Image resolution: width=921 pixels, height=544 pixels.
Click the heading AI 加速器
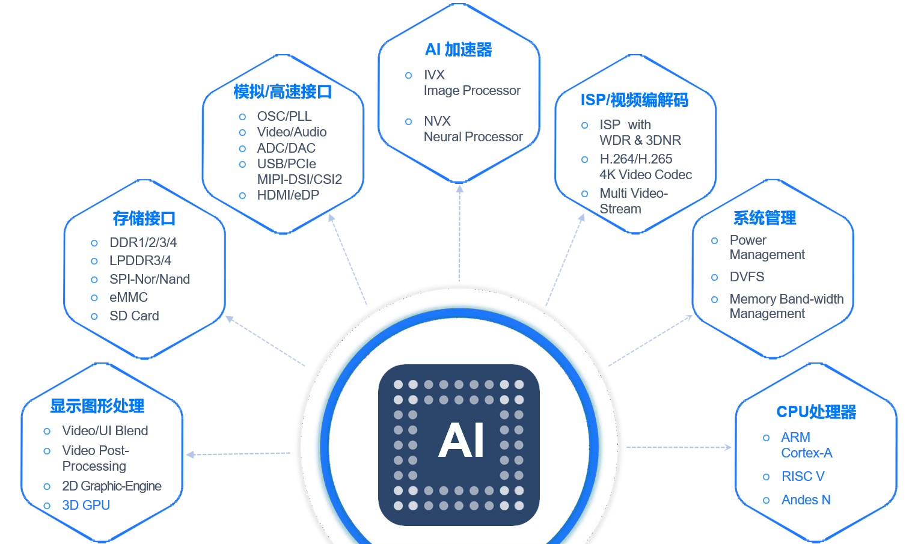pyautogui.click(x=459, y=50)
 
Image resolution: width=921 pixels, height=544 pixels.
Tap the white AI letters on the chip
pyautogui.click(x=461, y=441)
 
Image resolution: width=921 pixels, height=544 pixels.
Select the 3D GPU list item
pyautogui.click(x=86, y=505)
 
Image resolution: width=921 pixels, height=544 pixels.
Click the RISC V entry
pyautogui.click(x=803, y=476)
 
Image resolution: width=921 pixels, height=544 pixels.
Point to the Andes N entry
pyautogui.click(x=806, y=500)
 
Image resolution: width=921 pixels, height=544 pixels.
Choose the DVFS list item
pyautogui.click(x=747, y=277)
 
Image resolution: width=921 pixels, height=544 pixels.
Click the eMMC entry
pyautogui.click(x=129, y=298)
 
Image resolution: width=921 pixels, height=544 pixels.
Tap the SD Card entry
pyautogui.click(x=134, y=316)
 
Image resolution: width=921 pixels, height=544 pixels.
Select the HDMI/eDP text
pyautogui.click(x=288, y=195)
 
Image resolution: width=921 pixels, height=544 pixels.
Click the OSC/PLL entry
pyautogui.click(x=284, y=117)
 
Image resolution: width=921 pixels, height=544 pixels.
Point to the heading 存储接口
pyautogui.click(x=144, y=218)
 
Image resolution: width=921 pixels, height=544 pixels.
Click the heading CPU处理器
pyautogui.click(x=816, y=412)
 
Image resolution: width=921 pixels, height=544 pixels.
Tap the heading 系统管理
pyautogui.click(x=765, y=218)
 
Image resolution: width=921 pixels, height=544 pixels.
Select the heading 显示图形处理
pyautogui.click(x=97, y=406)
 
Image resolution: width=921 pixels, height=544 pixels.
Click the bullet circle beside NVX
pyautogui.click(x=408, y=121)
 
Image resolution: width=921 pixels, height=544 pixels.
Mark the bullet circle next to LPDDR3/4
pyautogui.click(x=94, y=261)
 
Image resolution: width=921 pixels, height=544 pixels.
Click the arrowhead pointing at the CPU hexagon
pyautogui.click(x=728, y=447)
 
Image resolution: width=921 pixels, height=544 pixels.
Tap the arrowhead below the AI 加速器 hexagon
pyautogui.click(x=460, y=189)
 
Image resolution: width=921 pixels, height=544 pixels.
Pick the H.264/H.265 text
pyautogui.click(x=635, y=159)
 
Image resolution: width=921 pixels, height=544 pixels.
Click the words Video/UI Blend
pyautogui.click(x=105, y=430)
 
